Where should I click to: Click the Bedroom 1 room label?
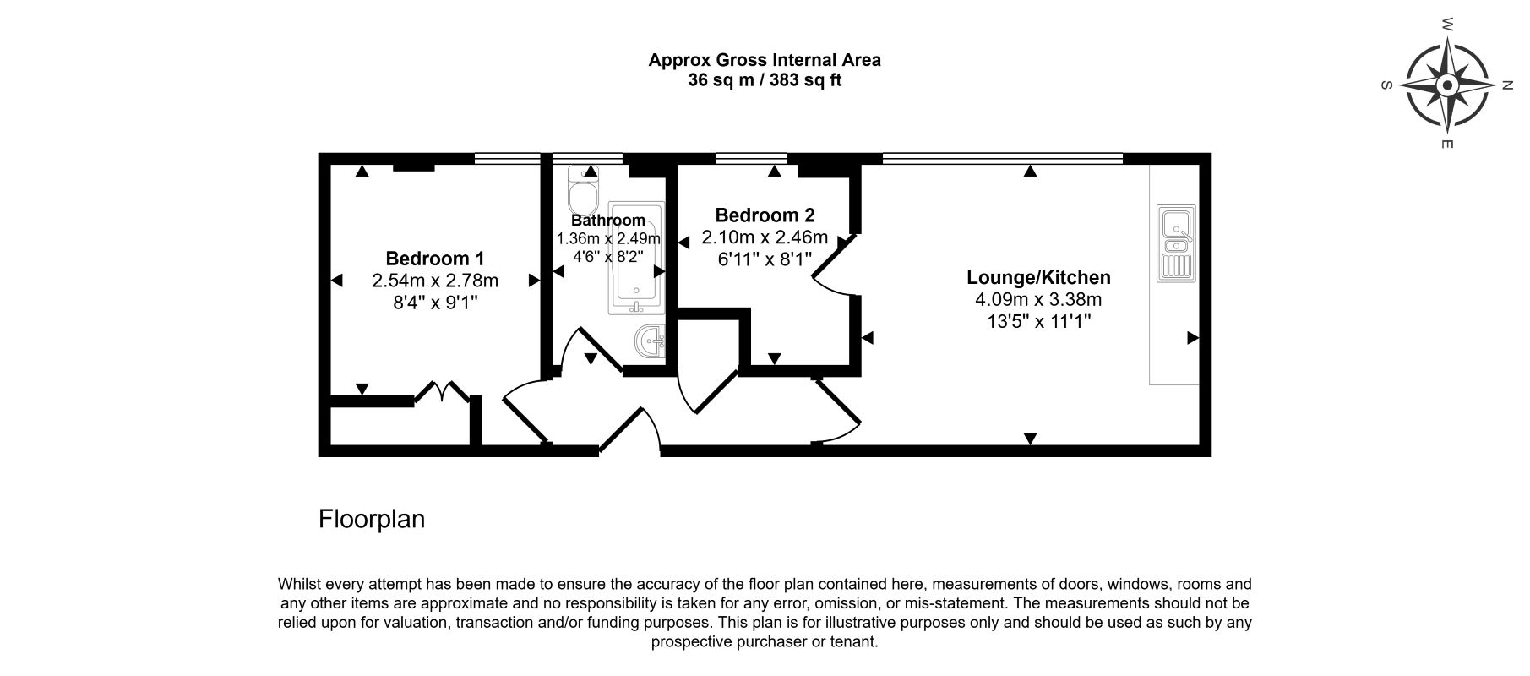point(434,258)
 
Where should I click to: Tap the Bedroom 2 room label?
point(765,215)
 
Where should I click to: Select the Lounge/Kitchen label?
point(1038,277)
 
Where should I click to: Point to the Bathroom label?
point(608,221)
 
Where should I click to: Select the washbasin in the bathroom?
point(649,342)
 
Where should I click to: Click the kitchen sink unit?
point(1176,243)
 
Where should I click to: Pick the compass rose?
point(1447,84)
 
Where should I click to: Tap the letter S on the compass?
point(1386,84)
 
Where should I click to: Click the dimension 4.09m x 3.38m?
point(1038,299)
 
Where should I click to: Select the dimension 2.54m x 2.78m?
point(434,281)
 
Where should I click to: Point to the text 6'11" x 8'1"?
point(765,259)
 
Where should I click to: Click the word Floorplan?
point(372,519)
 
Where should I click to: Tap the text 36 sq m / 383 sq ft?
point(765,81)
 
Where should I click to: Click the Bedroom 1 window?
point(507,157)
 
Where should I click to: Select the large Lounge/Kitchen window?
point(1003,157)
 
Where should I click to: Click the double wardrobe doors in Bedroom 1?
point(442,393)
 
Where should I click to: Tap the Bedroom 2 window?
point(751,157)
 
